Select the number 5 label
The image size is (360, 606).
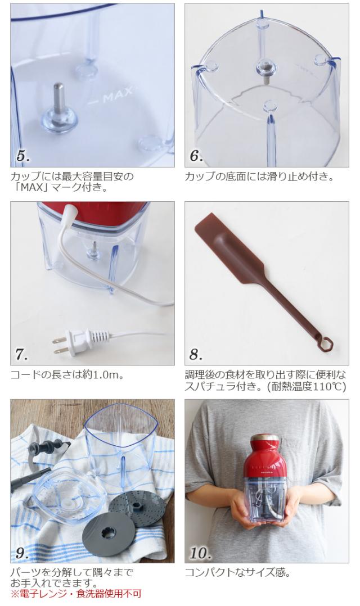(x=23, y=156)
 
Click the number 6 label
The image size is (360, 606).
(x=196, y=156)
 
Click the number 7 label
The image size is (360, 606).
(x=21, y=354)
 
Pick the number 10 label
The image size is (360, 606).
(x=200, y=553)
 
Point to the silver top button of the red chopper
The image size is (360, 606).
(x=267, y=438)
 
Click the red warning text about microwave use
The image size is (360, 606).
(x=76, y=593)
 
